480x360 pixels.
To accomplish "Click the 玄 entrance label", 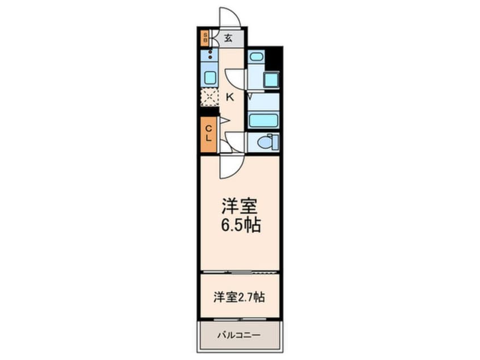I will pyautogui.click(x=227, y=39).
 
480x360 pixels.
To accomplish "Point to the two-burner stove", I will pyautogui.click(x=210, y=55).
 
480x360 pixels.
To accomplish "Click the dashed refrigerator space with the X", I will pyautogui.click(x=210, y=97).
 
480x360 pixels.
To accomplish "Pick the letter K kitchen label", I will pyautogui.click(x=230, y=97).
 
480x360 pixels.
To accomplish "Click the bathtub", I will pyautogui.click(x=263, y=120).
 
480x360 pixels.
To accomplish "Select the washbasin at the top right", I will pyautogui.click(x=256, y=57).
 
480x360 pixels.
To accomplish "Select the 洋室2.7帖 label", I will pyautogui.click(x=239, y=296).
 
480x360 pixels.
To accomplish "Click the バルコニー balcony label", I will pyautogui.click(x=239, y=335).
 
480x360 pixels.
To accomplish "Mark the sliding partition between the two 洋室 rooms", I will pyautogui.click(x=239, y=272).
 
